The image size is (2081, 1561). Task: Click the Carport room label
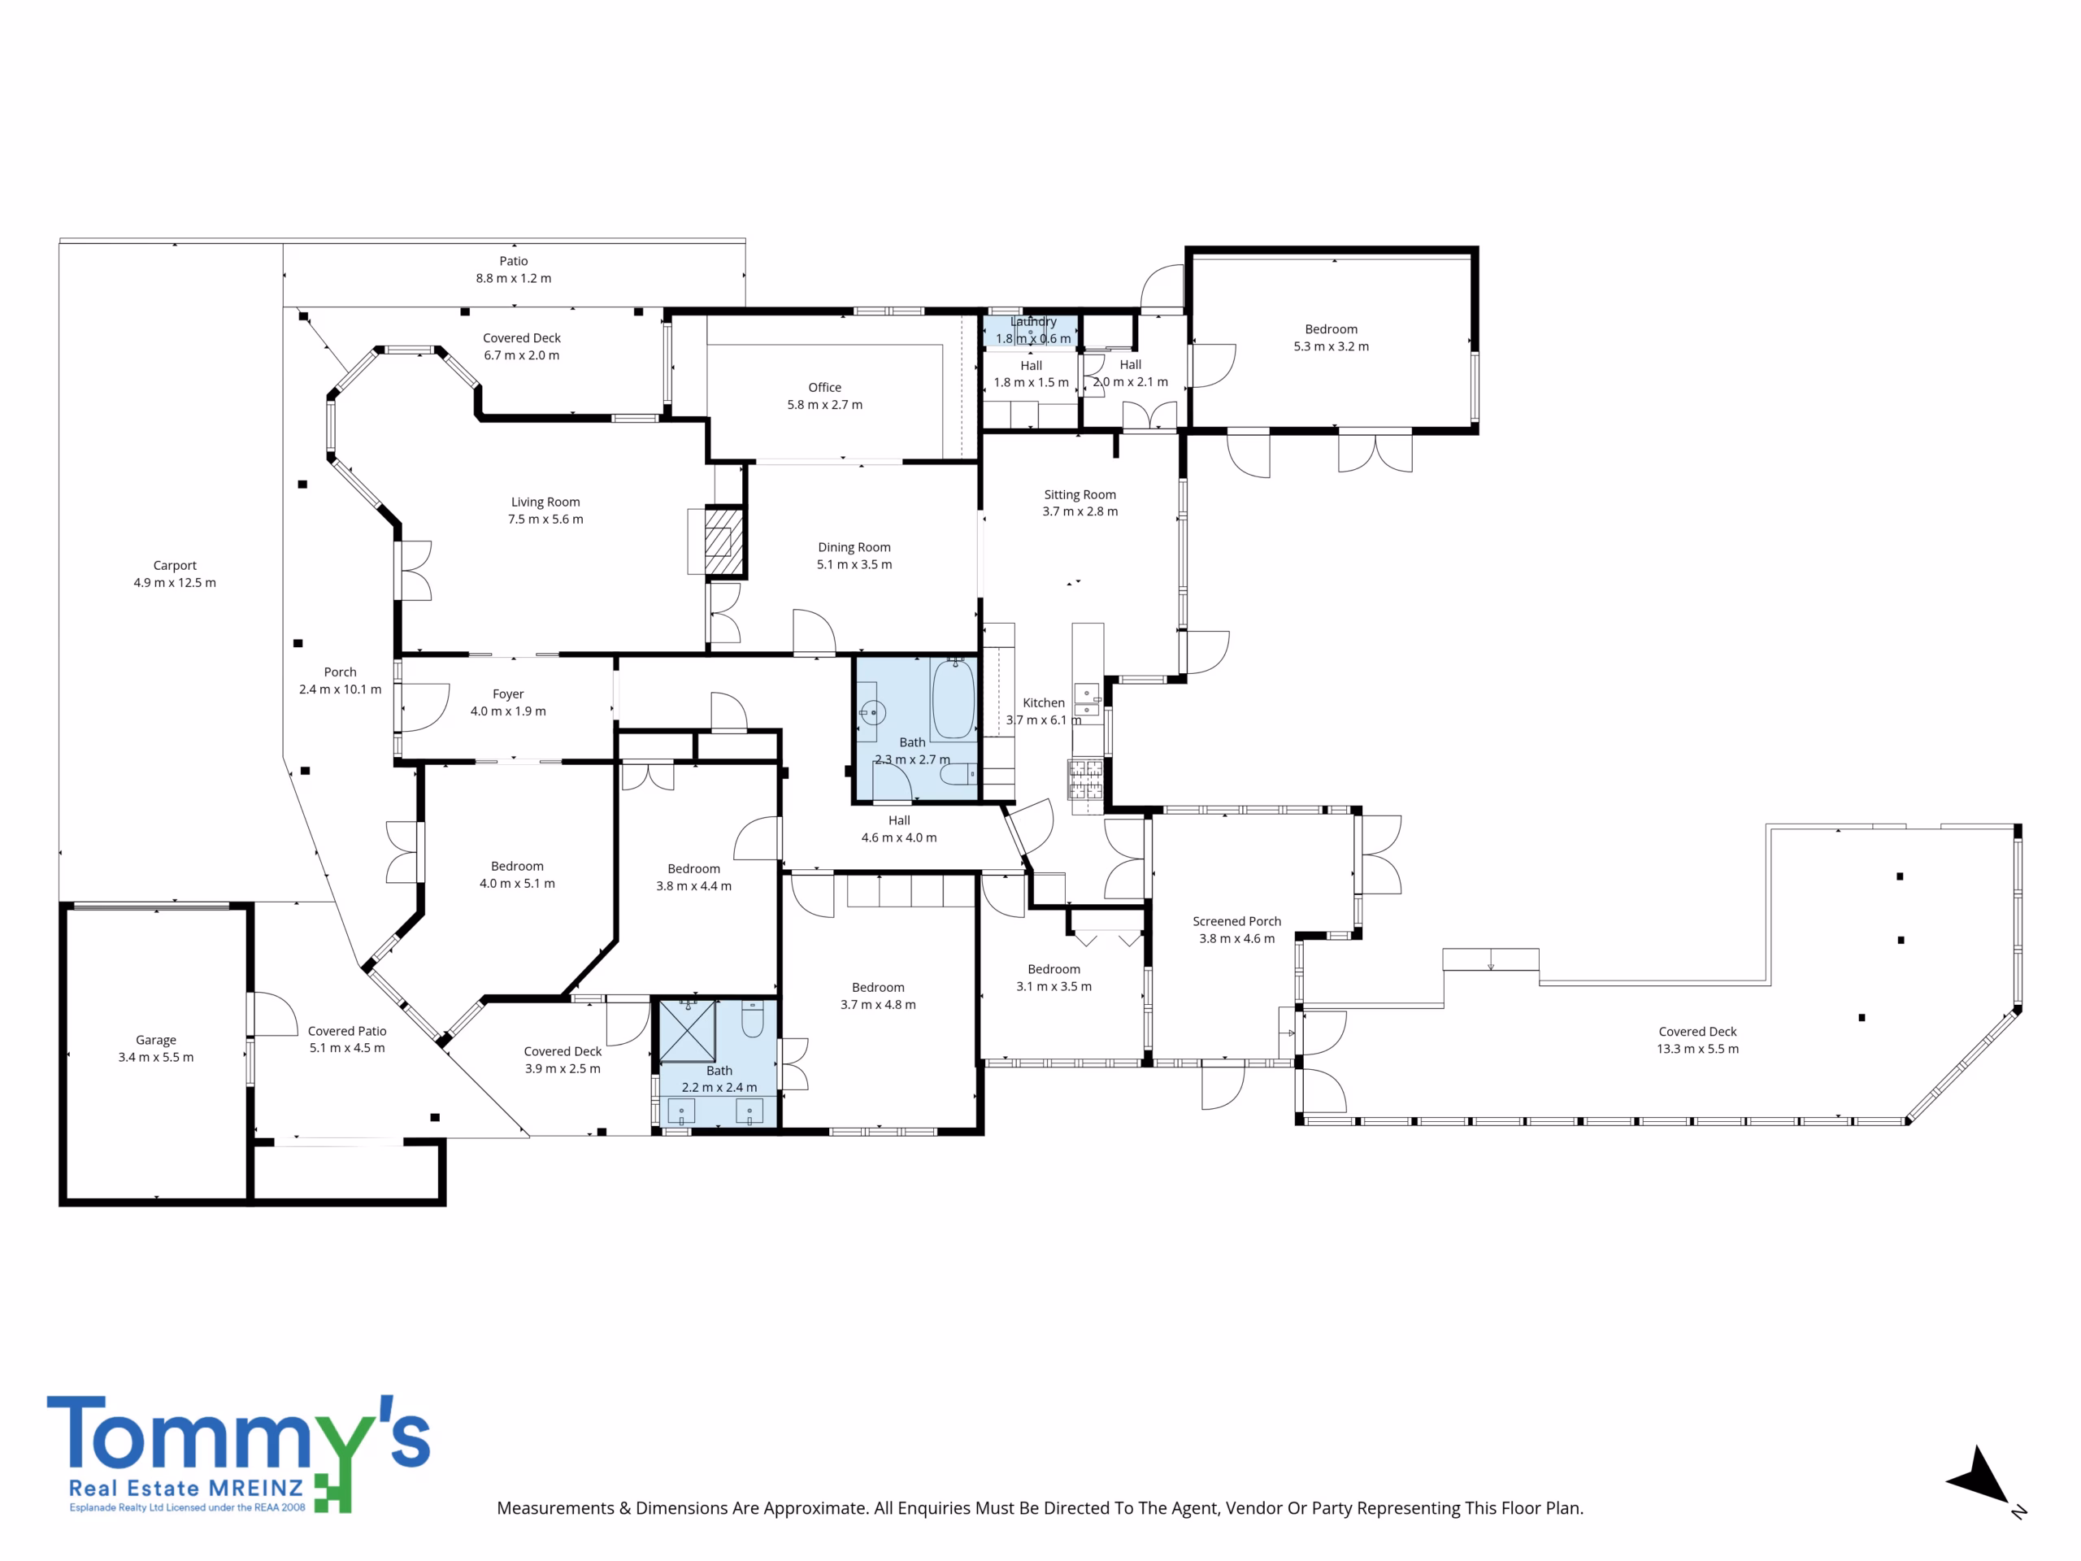point(175,566)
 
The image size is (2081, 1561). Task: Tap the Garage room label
point(156,1040)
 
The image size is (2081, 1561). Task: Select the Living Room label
point(545,502)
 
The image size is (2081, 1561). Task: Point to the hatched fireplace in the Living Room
point(724,542)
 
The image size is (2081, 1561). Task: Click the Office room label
point(825,388)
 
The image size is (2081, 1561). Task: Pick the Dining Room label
point(854,548)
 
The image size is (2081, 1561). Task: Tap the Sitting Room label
point(1080,495)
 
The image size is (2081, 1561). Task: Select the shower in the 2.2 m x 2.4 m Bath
point(687,1031)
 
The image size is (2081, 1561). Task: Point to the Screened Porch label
point(1237,921)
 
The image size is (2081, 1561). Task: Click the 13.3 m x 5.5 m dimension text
point(1698,1049)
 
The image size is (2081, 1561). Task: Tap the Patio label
point(514,262)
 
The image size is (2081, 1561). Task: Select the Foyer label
point(508,694)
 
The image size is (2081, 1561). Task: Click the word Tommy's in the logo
point(238,1432)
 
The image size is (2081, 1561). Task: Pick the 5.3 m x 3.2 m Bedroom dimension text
point(1332,346)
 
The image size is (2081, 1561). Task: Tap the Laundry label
point(1034,322)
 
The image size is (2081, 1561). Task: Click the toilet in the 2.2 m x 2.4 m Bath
point(753,1019)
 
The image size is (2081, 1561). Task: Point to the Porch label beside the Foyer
point(341,672)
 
